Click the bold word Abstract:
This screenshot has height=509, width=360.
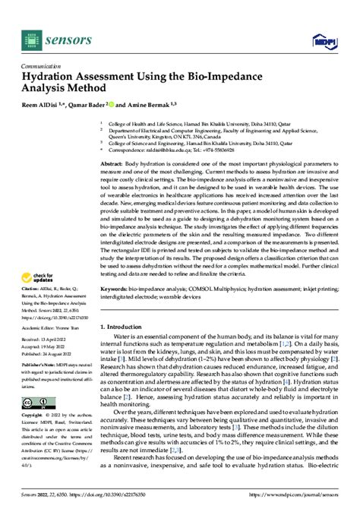pyautogui.click(x=112, y=164)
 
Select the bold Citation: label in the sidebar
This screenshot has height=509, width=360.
pyautogui.click(x=31, y=289)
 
